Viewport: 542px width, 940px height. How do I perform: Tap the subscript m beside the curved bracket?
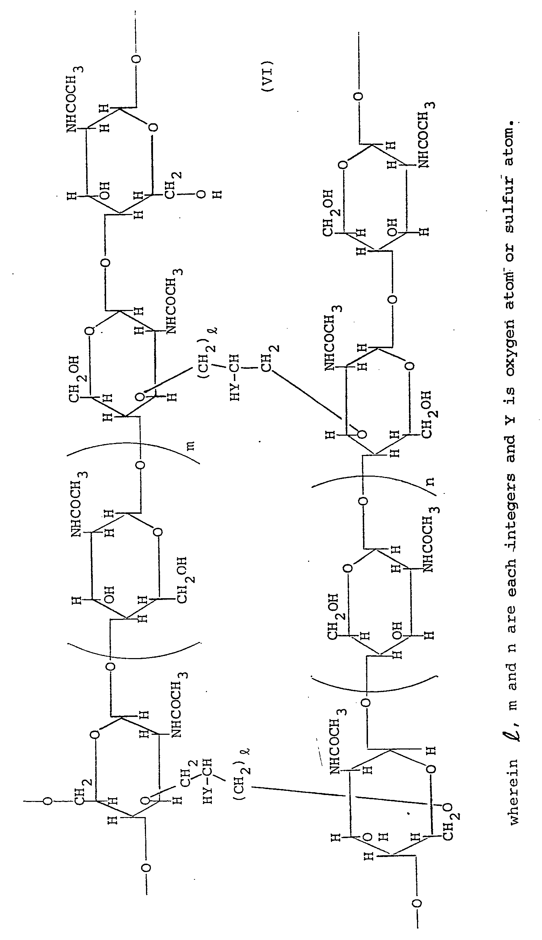click(x=190, y=445)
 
